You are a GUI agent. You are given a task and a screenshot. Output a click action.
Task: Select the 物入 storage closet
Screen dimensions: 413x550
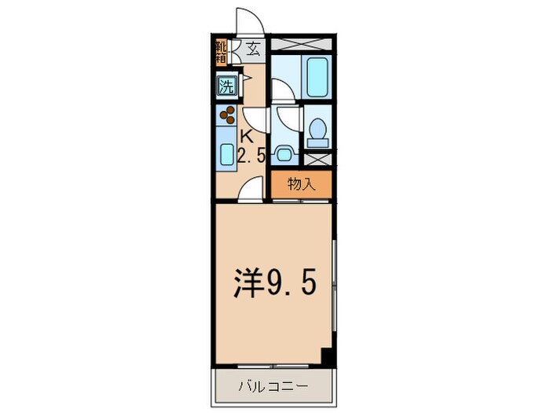point(301,185)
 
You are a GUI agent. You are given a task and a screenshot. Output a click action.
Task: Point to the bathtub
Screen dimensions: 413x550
point(319,77)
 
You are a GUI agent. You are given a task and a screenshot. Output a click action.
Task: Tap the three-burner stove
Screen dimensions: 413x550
point(228,115)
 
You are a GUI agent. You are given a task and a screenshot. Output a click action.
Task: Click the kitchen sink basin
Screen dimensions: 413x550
point(225,154)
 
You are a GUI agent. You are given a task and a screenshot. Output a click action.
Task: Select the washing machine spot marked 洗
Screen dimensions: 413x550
point(225,84)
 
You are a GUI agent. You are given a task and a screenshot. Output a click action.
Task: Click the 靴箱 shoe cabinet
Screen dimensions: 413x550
point(221,50)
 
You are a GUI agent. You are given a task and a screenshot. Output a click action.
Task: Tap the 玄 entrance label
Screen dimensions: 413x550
point(253,50)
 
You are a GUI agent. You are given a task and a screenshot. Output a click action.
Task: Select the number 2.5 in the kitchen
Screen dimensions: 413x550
point(251,156)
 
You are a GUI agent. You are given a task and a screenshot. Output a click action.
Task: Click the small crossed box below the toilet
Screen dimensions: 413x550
point(319,157)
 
